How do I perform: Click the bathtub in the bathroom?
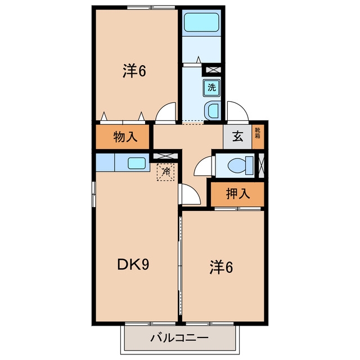pyautogui.click(x=201, y=22)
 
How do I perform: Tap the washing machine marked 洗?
pyautogui.click(x=211, y=88)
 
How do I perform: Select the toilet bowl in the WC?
pyautogui.click(x=240, y=165)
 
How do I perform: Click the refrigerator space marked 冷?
pyautogui.click(x=165, y=172)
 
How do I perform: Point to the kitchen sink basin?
pyautogui.click(x=137, y=163)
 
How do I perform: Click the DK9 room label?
pyautogui.click(x=133, y=264)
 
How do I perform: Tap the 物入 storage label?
pyautogui.click(x=125, y=137)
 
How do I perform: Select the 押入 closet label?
pyautogui.click(x=238, y=193)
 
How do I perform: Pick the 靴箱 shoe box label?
pyautogui.click(x=258, y=133)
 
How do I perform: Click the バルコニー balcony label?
pyautogui.click(x=179, y=337)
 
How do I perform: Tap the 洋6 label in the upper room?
pyautogui.click(x=134, y=71)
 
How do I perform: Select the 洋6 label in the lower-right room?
pyautogui.click(x=221, y=268)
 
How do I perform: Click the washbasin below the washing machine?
pyautogui.click(x=213, y=111)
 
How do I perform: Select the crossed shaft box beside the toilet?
pyautogui.click(x=261, y=165)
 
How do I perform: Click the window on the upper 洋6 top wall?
pyautogui.click(x=151, y=7)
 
